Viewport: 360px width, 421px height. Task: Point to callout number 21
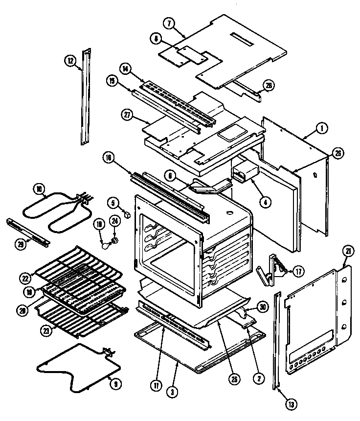[x=348, y=253]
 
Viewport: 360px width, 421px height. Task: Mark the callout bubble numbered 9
[x=116, y=384]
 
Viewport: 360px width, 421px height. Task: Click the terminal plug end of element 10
[x=89, y=197]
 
